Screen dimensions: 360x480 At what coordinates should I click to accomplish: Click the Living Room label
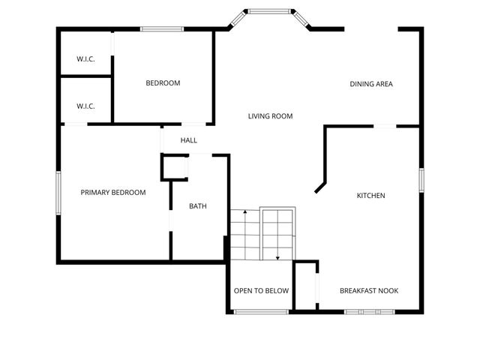click(x=270, y=116)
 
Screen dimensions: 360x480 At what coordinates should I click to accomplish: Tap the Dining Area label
click(x=371, y=84)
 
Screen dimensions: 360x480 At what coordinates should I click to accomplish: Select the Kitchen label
click(x=370, y=196)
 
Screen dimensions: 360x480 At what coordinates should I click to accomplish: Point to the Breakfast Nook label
click(x=369, y=291)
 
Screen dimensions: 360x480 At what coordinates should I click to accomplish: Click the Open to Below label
click(x=261, y=291)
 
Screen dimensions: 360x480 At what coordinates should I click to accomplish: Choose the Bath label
click(x=197, y=206)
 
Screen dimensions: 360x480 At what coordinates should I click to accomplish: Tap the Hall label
click(x=189, y=140)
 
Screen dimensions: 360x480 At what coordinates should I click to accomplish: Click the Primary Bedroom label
click(x=113, y=193)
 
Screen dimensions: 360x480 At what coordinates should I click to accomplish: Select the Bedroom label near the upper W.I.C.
click(x=163, y=83)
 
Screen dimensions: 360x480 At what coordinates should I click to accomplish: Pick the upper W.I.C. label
click(x=85, y=59)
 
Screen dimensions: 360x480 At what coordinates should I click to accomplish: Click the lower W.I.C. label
click(x=85, y=106)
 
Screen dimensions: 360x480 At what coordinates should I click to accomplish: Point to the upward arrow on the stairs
click(x=245, y=215)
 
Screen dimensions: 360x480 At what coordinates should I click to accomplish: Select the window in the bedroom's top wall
click(x=163, y=29)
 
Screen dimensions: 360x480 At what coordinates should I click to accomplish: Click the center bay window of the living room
click(x=271, y=11)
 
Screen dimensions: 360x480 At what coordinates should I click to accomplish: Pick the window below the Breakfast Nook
click(x=367, y=311)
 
